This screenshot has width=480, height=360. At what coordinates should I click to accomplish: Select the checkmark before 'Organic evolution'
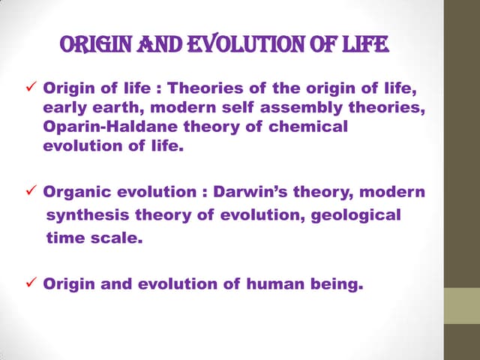coord(31,193)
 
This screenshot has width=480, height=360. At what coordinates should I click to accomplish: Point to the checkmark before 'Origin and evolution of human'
coord(31,284)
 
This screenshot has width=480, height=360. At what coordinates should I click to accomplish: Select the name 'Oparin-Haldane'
coord(97,127)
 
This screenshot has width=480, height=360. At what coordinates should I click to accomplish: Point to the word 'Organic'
coord(76,193)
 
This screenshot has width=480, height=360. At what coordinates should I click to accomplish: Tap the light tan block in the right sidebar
coord(462,307)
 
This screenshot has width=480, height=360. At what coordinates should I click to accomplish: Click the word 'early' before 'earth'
coord(63,109)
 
